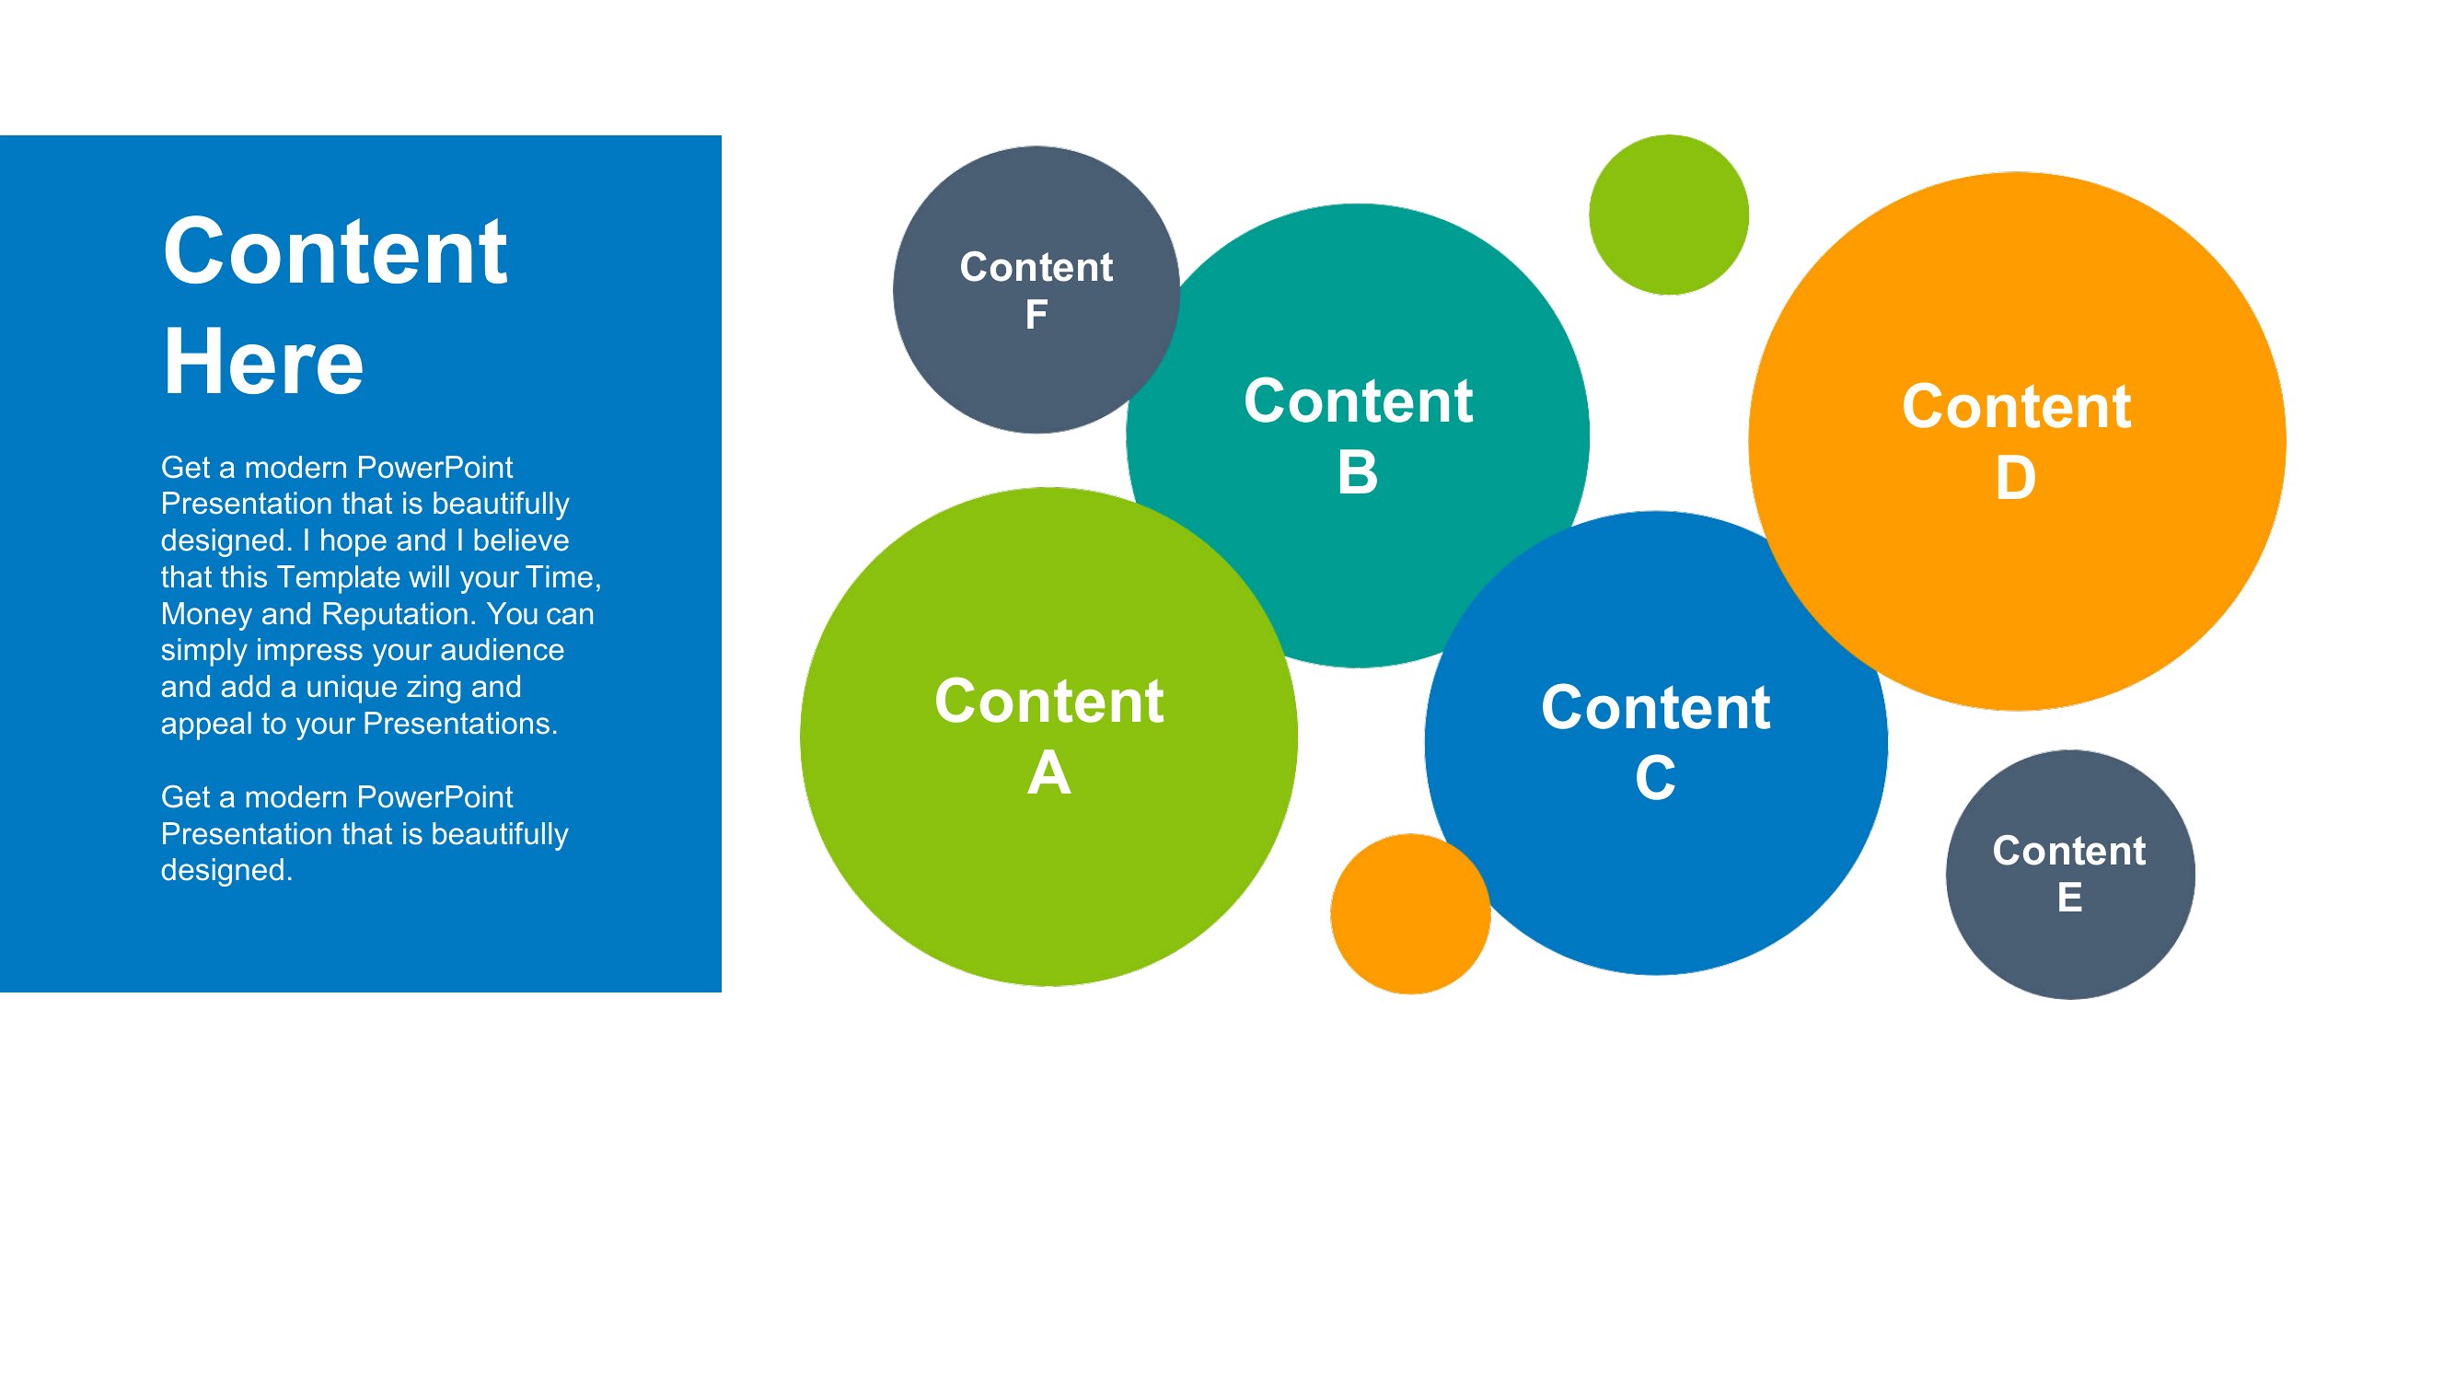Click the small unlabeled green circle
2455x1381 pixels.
click(1668, 215)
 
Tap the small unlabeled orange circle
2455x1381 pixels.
click(1410, 914)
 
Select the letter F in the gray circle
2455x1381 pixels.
click(1036, 315)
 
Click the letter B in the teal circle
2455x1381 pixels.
click(1357, 471)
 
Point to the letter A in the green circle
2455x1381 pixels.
click(1048, 772)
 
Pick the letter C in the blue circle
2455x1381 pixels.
click(1655, 778)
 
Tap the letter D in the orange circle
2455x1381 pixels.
click(2016, 478)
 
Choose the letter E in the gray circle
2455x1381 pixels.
click(2069, 898)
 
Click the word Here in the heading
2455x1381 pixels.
click(263, 362)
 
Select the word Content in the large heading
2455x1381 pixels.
click(335, 251)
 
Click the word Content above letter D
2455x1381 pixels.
click(2017, 407)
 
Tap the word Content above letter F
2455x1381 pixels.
click(1036, 267)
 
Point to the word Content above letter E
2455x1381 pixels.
click(2069, 850)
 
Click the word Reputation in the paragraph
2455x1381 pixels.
click(399, 615)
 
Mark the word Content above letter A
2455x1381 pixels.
click(1048, 702)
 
